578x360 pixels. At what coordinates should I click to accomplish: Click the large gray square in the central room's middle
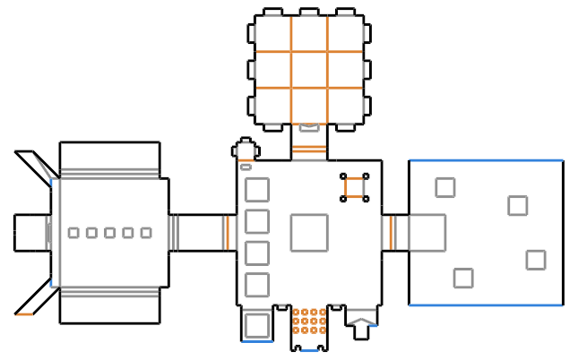pos(309,232)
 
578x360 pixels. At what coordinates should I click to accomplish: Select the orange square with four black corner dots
pos(355,187)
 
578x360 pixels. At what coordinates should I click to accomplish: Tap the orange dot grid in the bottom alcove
pos(309,321)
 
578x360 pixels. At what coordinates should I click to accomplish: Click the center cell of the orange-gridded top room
pos(309,69)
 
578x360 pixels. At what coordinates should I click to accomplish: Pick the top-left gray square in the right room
pos(444,187)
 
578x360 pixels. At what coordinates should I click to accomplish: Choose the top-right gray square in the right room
pos(517,205)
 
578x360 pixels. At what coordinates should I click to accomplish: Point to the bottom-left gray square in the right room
pos(463,278)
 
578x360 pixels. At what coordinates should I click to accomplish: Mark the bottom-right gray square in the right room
pos(536,260)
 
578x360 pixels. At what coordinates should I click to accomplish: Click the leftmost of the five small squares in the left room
pos(73,233)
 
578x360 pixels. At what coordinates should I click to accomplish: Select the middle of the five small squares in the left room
pos(109,233)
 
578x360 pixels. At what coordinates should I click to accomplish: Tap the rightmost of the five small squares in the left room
pos(146,233)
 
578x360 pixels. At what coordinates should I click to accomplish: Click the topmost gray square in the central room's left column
pos(257,190)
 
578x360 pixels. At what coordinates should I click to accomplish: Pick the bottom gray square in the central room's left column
pos(257,285)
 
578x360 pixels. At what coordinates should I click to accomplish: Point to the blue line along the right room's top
pos(486,160)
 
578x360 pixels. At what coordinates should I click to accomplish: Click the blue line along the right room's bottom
pos(486,305)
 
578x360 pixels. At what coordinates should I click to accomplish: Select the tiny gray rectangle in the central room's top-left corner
pos(246,167)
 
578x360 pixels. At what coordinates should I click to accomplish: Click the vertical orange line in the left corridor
pos(228,232)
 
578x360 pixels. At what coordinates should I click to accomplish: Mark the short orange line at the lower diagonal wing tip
pos(24,314)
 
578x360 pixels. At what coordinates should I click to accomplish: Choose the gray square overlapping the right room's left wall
pos(427,232)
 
